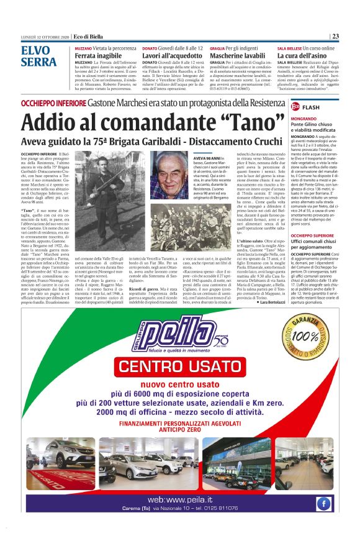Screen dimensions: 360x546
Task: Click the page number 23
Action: click(x=335, y=35)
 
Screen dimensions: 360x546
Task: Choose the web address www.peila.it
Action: click(x=180, y=499)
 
